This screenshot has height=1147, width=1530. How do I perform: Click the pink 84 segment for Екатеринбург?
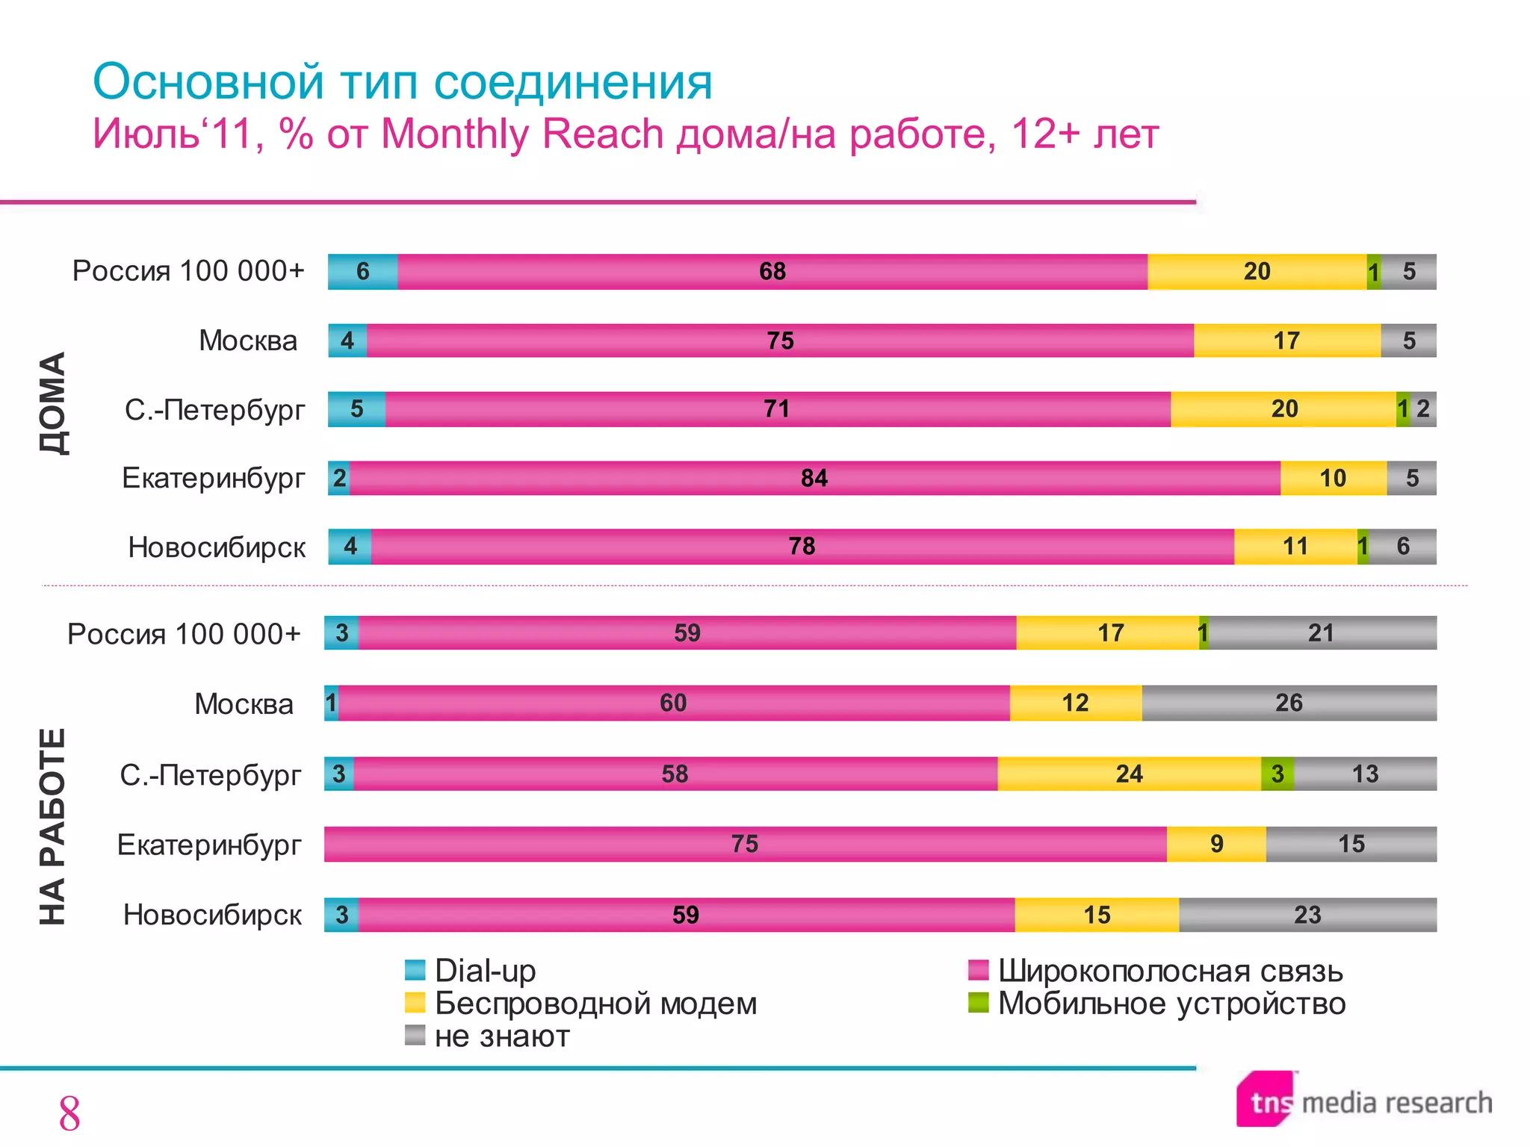tap(814, 478)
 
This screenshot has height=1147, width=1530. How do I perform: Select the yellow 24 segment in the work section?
tap(1129, 774)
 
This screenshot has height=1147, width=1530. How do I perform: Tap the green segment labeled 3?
tap(1277, 774)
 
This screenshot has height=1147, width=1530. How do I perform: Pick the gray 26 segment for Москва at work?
tap(1289, 703)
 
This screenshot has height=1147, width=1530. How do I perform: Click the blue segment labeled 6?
tap(362, 271)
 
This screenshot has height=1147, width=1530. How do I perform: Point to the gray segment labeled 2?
tap(1424, 409)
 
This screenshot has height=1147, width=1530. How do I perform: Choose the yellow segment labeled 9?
tap(1216, 844)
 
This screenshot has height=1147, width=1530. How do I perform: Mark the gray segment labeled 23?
tap(1307, 915)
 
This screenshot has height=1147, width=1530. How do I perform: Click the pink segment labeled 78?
tap(802, 547)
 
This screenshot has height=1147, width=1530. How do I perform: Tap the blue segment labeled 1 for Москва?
tap(331, 703)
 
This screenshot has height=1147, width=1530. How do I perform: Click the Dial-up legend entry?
tap(471, 971)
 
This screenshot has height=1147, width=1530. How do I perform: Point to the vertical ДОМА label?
tap(53, 403)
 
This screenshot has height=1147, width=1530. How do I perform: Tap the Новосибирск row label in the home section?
tap(217, 547)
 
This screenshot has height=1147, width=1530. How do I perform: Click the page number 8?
tap(69, 1114)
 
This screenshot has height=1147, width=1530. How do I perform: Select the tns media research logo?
tap(1364, 1101)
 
